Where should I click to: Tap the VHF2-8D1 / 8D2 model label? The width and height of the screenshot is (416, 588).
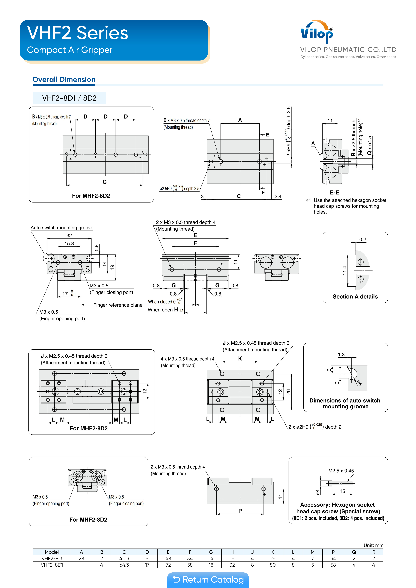click(x=69, y=98)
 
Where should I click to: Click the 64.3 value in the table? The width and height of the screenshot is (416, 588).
click(x=124, y=565)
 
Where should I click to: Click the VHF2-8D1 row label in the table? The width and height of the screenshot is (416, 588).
click(x=52, y=565)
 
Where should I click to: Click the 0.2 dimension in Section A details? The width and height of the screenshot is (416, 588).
click(x=363, y=239)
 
